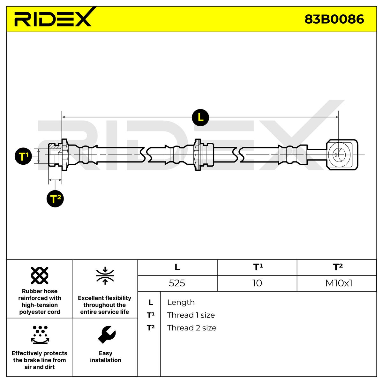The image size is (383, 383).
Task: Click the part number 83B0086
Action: tap(334, 19)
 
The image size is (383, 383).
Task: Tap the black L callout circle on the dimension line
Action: tap(200, 117)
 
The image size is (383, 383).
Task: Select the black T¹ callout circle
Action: tap(23, 156)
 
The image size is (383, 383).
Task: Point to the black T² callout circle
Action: tap(55, 199)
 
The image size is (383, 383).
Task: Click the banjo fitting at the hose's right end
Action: tap(342, 154)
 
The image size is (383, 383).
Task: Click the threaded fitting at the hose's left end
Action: tap(58, 154)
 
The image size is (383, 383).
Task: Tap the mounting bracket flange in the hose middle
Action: tap(198, 154)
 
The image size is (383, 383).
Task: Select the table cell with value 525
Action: tap(177, 283)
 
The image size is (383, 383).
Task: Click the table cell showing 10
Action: tap(257, 283)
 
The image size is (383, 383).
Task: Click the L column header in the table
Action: tap(177, 267)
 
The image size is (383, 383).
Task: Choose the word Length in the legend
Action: tap(181, 303)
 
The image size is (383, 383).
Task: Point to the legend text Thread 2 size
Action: tap(191, 328)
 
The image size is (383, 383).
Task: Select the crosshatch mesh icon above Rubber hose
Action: tap(40, 275)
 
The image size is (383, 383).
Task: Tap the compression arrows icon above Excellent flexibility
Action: tap(105, 276)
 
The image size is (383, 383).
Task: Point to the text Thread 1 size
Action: tap(191, 315)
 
